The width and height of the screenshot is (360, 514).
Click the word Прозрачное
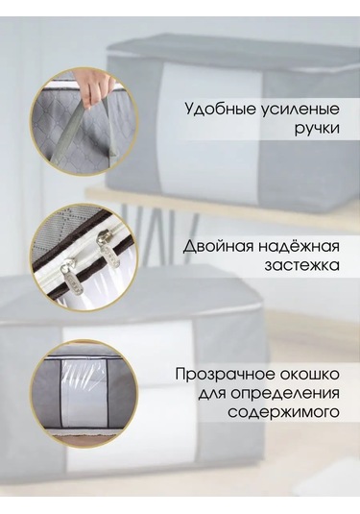point(221,373)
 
